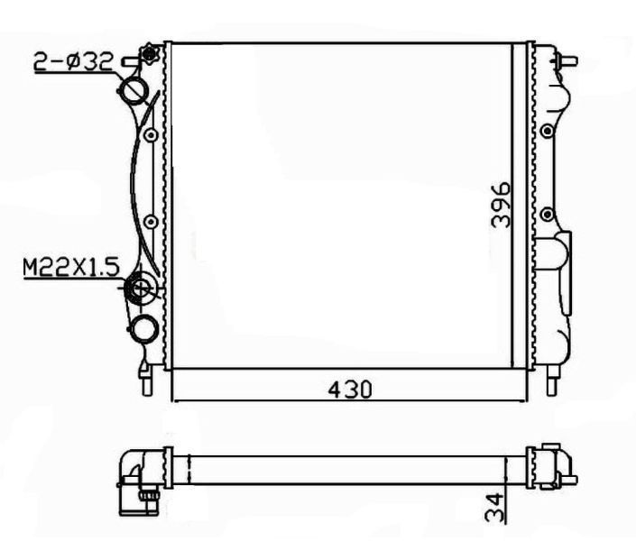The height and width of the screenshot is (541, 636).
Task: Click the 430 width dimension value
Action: click(349, 389)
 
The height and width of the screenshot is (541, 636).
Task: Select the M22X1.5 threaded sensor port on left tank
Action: click(141, 289)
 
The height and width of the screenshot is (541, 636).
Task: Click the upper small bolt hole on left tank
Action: click(151, 136)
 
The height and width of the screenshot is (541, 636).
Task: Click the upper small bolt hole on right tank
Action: click(547, 133)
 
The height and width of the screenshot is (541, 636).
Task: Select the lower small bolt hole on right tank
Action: click(547, 215)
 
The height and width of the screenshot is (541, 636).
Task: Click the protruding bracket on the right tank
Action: click(565, 270)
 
